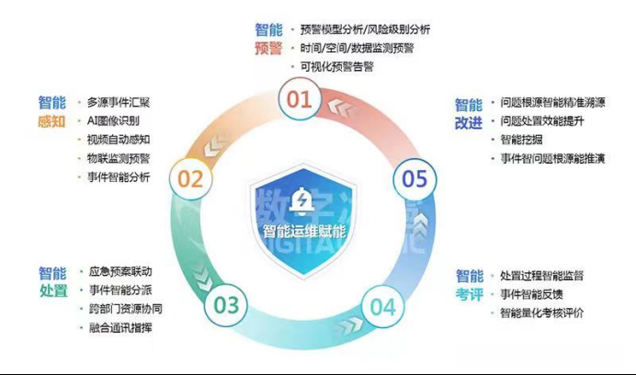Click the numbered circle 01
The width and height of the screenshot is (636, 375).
tap(300, 98)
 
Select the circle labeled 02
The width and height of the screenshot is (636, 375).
tap(190, 178)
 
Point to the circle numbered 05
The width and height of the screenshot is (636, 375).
tap(415, 178)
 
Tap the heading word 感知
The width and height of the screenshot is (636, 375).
tap(52, 120)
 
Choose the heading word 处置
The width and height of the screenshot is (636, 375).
tap(52, 291)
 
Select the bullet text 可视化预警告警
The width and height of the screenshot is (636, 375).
tap(337, 67)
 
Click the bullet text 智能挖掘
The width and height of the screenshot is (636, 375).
tap(522, 139)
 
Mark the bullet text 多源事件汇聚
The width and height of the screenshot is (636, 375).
tap(119, 102)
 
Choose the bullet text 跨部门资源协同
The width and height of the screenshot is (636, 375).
tap(127, 309)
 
